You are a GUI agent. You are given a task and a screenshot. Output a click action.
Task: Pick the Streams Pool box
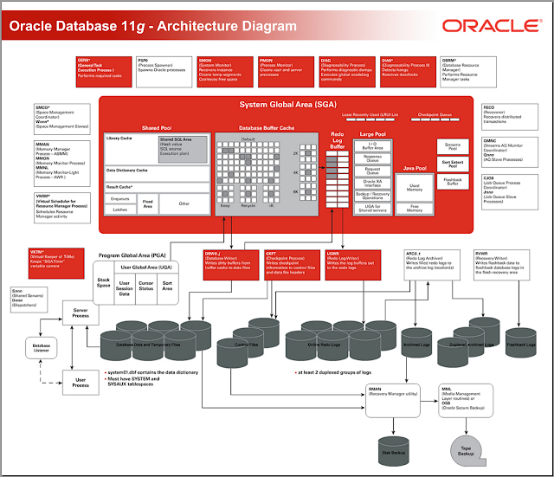[453, 147]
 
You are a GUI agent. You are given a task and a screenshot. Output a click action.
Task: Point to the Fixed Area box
[148, 204]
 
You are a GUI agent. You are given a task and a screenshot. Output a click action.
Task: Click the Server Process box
[81, 313]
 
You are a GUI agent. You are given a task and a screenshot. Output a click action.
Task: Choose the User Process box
[81, 381]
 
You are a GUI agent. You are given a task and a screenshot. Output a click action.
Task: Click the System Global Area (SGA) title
[276, 105]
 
